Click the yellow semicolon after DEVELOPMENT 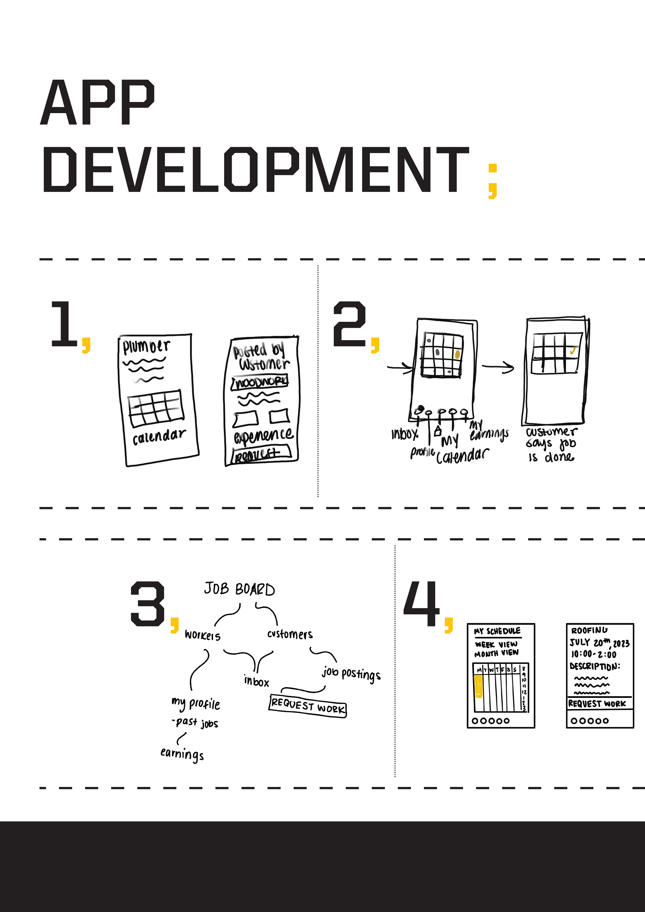pyautogui.click(x=492, y=181)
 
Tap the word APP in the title pyautogui.click(x=97, y=102)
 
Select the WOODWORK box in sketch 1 pyautogui.click(x=260, y=382)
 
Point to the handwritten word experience pyautogui.click(x=263, y=435)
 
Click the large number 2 pyautogui.click(x=349, y=323)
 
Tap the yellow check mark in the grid pyautogui.click(x=573, y=351)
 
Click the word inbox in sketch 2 pyautogui.click(x=404, y=434)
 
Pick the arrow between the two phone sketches pyautogui.click(x=498, y=367)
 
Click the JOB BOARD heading pyautogui.click(x=239, y=589)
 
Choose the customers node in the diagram pyautogui.click(x=290, y=634)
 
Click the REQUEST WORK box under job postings pyautogui.click(x=308, y=706)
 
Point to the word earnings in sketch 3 pyautogui.click(x=182, y=754)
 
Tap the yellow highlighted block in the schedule pyautogui.click(x=478, y=686)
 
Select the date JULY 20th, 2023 pyautogui.click(x=599, y=643)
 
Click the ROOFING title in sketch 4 pyautogui.click(x=589, y=630)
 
